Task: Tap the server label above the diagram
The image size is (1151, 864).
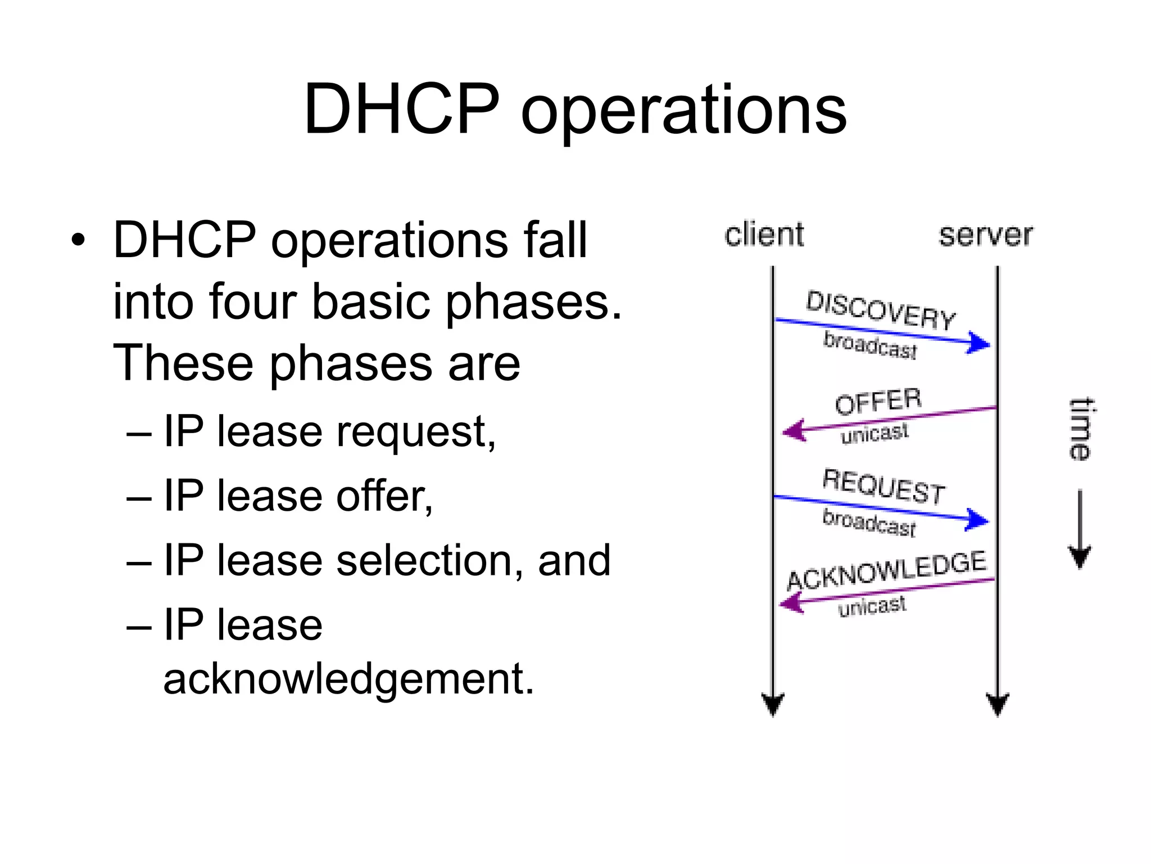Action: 986,235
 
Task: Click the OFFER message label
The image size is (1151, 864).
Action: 878,401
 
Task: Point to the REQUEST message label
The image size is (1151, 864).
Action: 884,487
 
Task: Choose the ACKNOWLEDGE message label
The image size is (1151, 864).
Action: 886,570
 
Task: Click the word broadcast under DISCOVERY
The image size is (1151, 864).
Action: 870,345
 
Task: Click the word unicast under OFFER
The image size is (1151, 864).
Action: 874,433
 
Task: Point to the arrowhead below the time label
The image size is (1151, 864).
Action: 1080,556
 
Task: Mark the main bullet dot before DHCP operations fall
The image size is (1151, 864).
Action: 78,241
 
